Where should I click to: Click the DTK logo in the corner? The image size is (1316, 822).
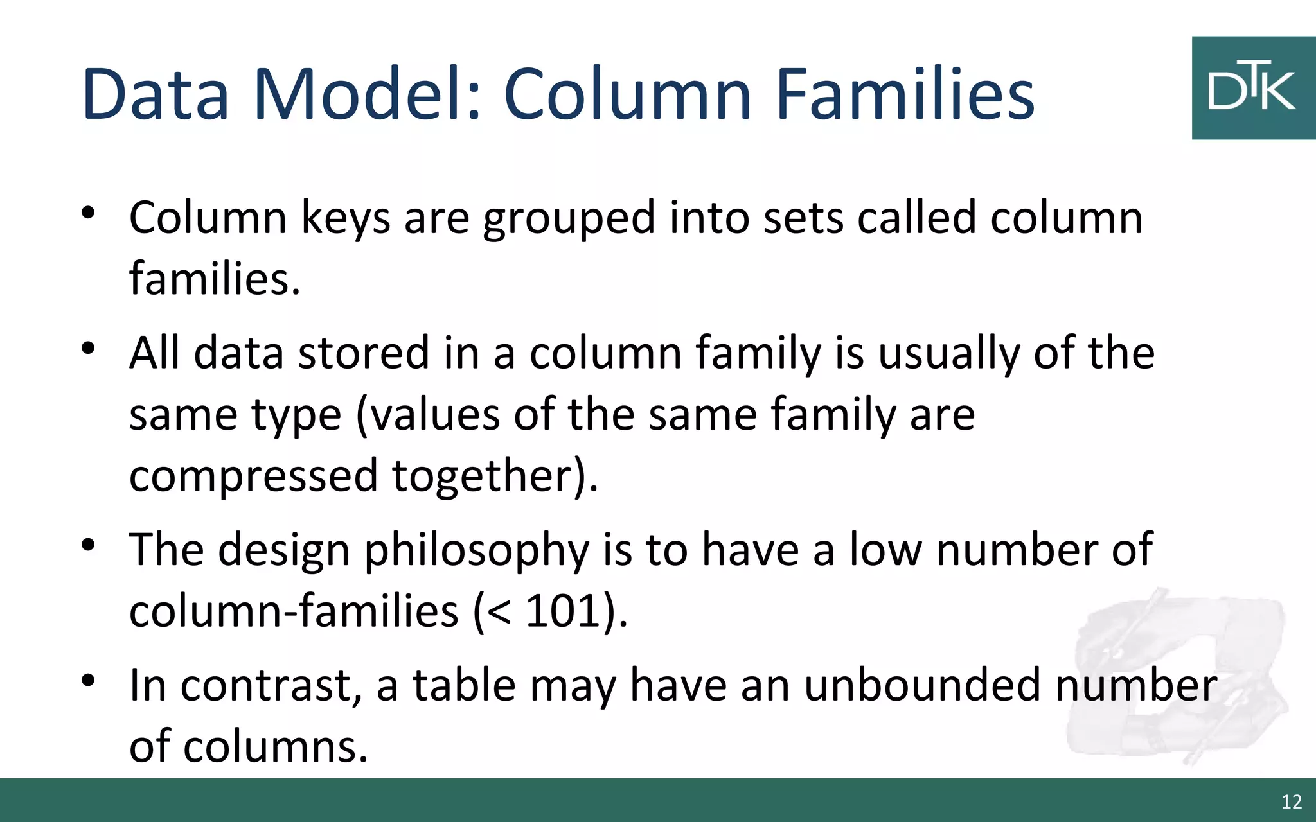click(x=1253, y=88)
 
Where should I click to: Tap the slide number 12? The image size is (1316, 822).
click(x=1291, y=801)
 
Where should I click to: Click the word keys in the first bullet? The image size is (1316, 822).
click(x=345, y=218)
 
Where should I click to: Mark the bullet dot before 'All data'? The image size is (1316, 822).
click(x=89, y=349)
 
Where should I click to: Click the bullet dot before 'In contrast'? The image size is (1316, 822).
click(x=89, y=680)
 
